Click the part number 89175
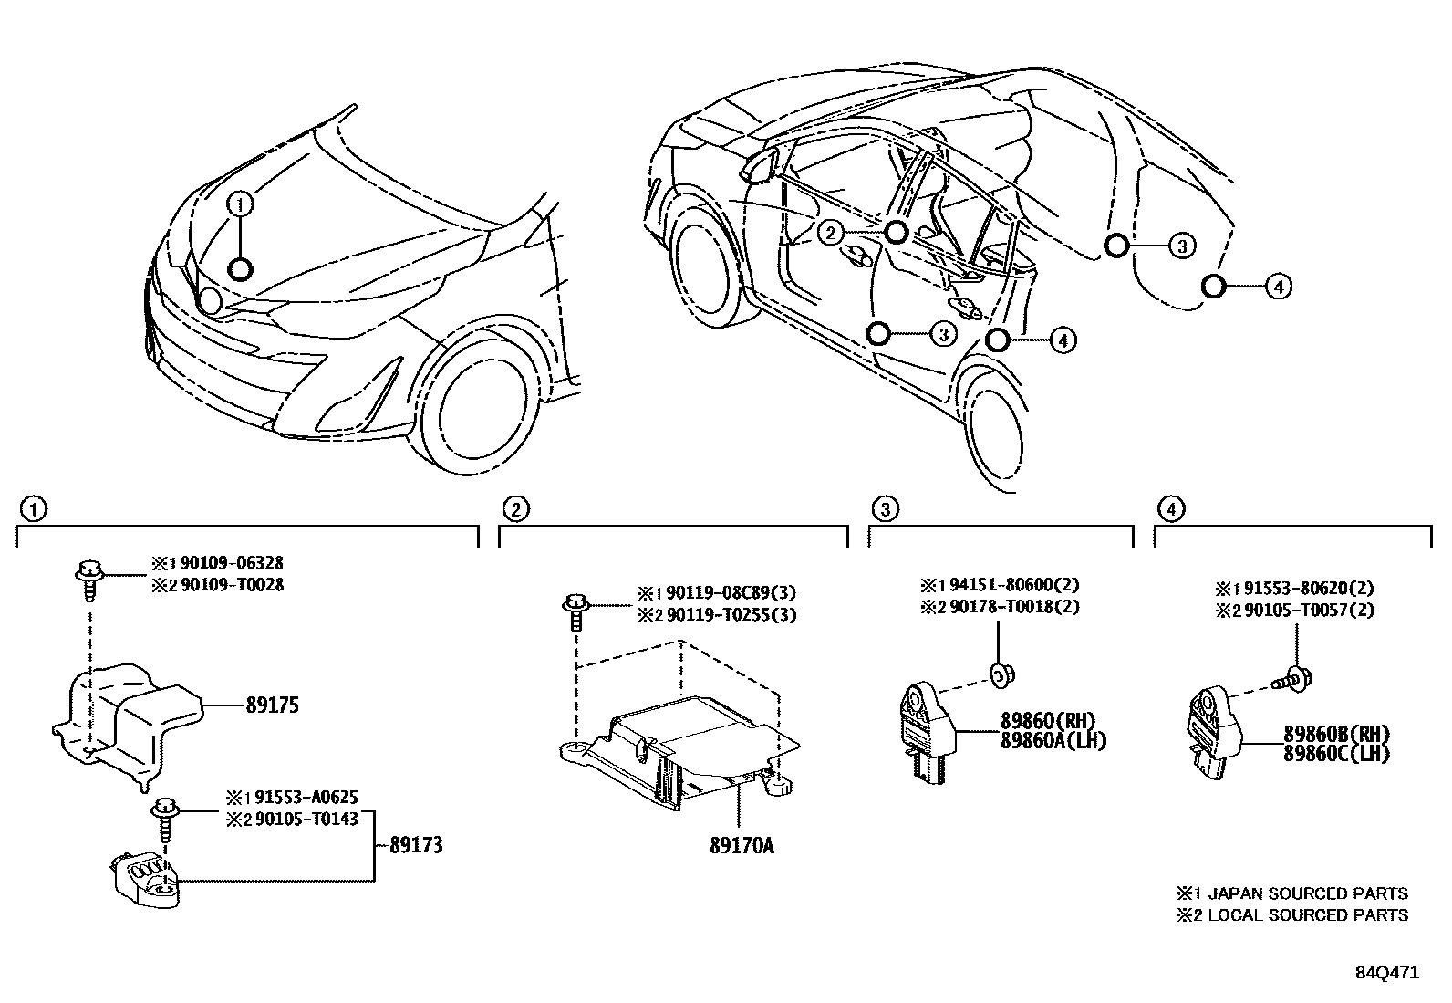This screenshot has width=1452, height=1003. coord(272,705)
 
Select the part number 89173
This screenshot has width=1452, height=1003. coord(415,845)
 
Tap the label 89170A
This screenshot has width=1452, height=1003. coord(741,846)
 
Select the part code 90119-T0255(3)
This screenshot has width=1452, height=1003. coord(730,615)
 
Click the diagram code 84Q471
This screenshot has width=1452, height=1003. coord(1385,973)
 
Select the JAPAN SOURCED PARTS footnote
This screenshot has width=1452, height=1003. coord(1306,893)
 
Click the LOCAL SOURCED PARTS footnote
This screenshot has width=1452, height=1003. coord(1306,914)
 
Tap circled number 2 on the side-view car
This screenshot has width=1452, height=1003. coord(830,233)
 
